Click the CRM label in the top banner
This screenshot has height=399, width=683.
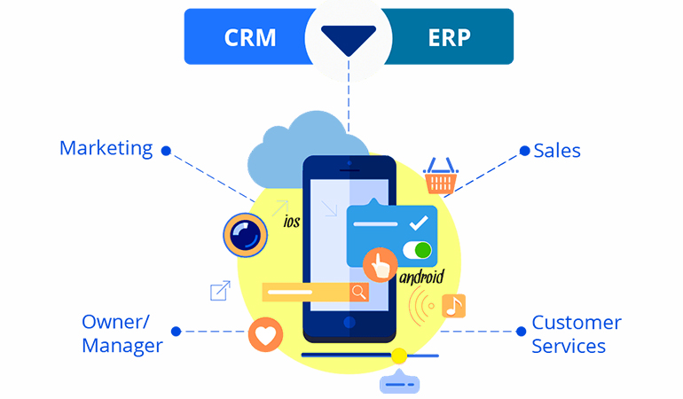(x=249, y=37)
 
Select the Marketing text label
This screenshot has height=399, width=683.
(x=106, y=148)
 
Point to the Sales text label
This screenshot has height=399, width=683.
(x=557, y=151)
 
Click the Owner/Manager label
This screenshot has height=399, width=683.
(x=122, y=332)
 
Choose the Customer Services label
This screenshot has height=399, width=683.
(x=576, y=333)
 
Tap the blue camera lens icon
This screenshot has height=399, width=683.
(x=244, y=234)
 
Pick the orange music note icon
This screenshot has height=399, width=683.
(x=453, y=306)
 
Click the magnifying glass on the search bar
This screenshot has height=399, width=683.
(x=358, y=292)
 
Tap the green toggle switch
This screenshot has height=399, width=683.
(x=416, y=250)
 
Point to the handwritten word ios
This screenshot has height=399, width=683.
(x=291, y=223)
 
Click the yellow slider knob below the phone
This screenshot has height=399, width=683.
(x=399, y=356)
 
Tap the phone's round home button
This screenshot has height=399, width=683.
(x=349, y=321)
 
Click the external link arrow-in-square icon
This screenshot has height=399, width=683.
(x=219, y=291)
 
